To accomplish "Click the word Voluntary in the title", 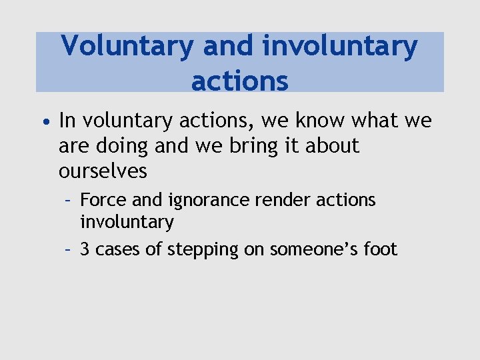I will (127, 47).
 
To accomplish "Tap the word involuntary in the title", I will (340, 47).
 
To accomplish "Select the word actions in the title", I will (240, 81).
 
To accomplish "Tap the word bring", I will (253, 146).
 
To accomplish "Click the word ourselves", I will (103, 171).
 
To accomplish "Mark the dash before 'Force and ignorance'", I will (68, 200).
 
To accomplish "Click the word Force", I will (100, 200).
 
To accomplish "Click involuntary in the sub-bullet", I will (127, 221).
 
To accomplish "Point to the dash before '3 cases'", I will (68, 249).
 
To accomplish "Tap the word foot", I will (379, 249).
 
